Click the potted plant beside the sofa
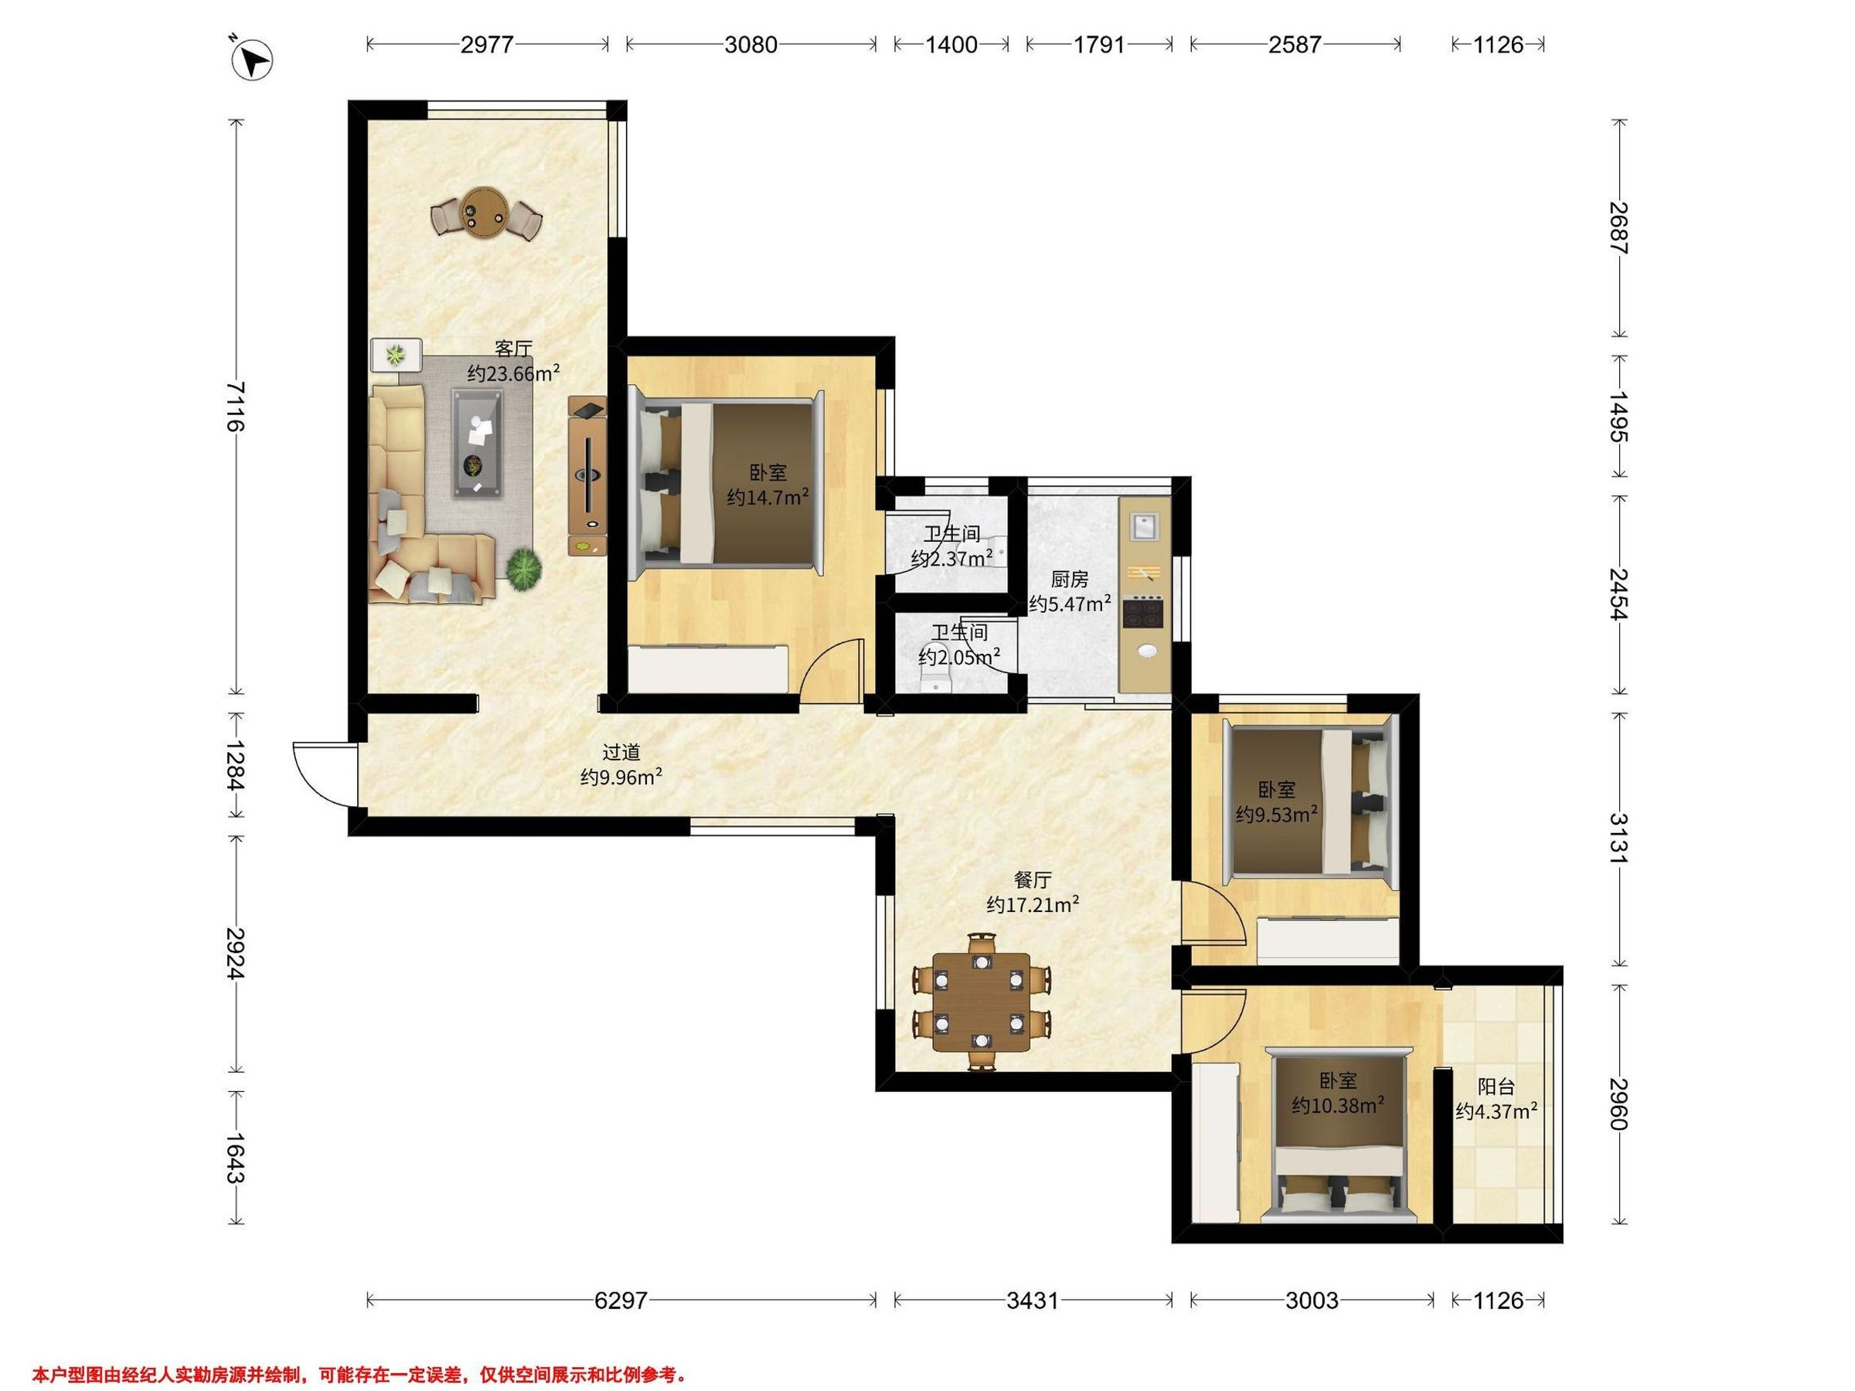click(524, 569)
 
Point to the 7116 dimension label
click(237, 406)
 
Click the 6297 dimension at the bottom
click(621, 1301)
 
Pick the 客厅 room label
click(513, 348)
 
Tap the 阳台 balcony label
click(1496, 1087)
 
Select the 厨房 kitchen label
click(1070, 580)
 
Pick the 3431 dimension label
click(1033, 1301)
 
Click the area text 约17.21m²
click(1033, 905)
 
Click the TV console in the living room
click(587, 474)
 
